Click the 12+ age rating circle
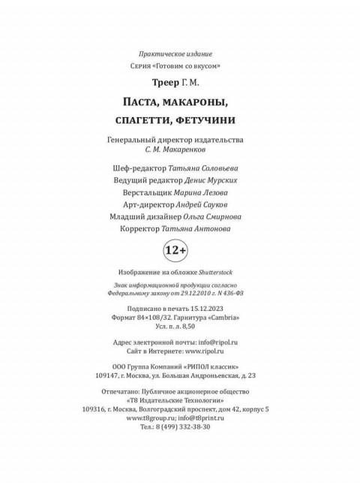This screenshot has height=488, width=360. pyautogui.click(x=180, y=248)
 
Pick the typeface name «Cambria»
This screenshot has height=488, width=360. pyautogui.click(x=223, y=318)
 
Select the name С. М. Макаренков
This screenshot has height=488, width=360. pyautogui.click(x=179, y=151)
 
